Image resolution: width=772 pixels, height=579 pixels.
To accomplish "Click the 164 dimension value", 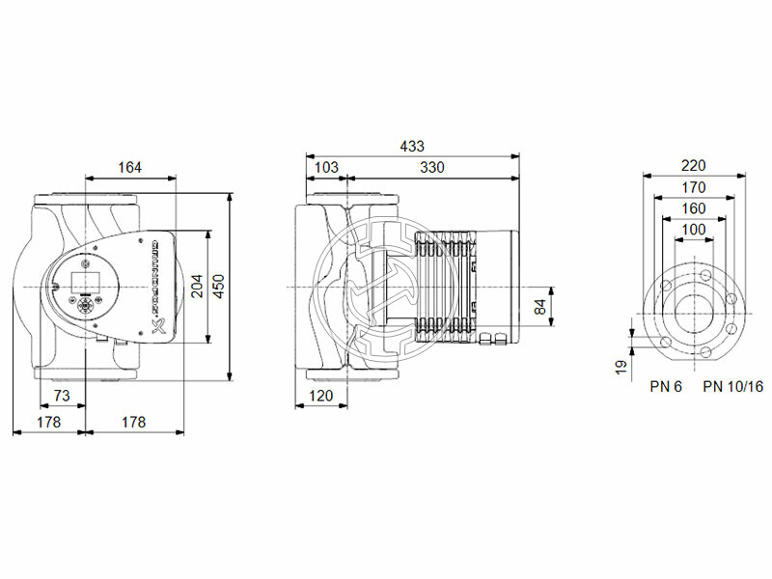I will pos(129,168).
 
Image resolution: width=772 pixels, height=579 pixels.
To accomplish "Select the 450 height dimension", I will pos(219,287).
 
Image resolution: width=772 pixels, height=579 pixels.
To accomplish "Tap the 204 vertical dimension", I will pos(197,287).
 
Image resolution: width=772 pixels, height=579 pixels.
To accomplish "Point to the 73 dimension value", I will pos(61,396).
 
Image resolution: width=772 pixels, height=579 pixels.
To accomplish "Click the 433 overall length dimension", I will pos(412,146).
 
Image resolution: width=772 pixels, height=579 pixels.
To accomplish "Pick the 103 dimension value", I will pos(327,168).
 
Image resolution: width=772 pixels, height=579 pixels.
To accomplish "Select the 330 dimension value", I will pos(432,168).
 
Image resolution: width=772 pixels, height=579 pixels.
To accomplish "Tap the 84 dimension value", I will pos(539,308).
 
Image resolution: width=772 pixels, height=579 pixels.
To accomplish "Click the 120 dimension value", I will pos(321,396).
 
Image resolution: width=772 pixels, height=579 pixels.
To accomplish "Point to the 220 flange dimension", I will pos(694,165).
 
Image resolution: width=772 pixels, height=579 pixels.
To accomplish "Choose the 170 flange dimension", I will pos(694,187).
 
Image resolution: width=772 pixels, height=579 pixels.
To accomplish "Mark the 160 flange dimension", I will pos(694,208).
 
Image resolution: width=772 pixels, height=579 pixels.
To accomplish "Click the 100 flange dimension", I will pos(694,230).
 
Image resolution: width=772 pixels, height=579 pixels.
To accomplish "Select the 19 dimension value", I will pos(621,365).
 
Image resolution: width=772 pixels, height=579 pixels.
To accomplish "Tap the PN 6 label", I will pos(665,386).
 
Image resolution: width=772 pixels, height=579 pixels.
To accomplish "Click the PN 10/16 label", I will pos(732,386).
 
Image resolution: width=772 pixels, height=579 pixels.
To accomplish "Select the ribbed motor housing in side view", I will pos(449,287).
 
